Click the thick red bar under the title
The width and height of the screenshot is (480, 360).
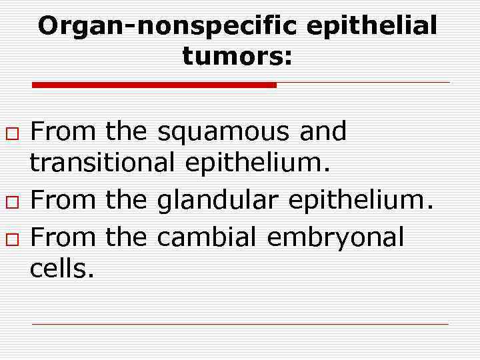click(154, 85)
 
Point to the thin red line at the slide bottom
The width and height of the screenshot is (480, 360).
click(240, 324)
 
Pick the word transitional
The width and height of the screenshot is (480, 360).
click(103, 163)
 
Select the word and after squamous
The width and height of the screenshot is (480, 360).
click(323, 132)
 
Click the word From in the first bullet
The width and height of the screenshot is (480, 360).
click(64, 132)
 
